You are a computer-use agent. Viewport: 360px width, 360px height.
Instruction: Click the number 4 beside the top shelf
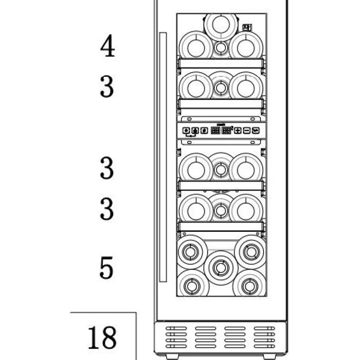[x=108, y=46]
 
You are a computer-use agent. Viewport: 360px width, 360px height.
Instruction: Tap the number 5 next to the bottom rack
[x=107, y=268]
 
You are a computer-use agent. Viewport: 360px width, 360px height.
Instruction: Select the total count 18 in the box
[x=102, y=337]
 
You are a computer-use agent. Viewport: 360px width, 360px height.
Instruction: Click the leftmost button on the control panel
[x=186, y=131]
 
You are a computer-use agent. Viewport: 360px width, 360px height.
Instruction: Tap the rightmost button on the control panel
[x=256, y=131]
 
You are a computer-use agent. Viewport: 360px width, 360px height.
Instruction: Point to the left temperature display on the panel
[x=215, y=131]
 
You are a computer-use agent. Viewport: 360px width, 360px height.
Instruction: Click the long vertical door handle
[x=163, y=157]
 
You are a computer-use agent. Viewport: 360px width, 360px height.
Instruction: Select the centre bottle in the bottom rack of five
[x=221, y=268]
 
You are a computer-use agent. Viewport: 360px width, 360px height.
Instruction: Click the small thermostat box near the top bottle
[x=247, y=28]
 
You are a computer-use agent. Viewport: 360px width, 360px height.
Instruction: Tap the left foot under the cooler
[x=172, y=357]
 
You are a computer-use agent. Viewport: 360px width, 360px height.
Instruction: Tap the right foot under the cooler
[x=269, y=357]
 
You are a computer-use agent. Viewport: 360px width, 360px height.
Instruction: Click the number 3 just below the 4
[x=107, y=86]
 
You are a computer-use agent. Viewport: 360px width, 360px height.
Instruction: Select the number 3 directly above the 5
[x=107, y=209]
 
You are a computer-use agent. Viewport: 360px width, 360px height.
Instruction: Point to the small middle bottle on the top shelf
[x=221, y=48]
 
